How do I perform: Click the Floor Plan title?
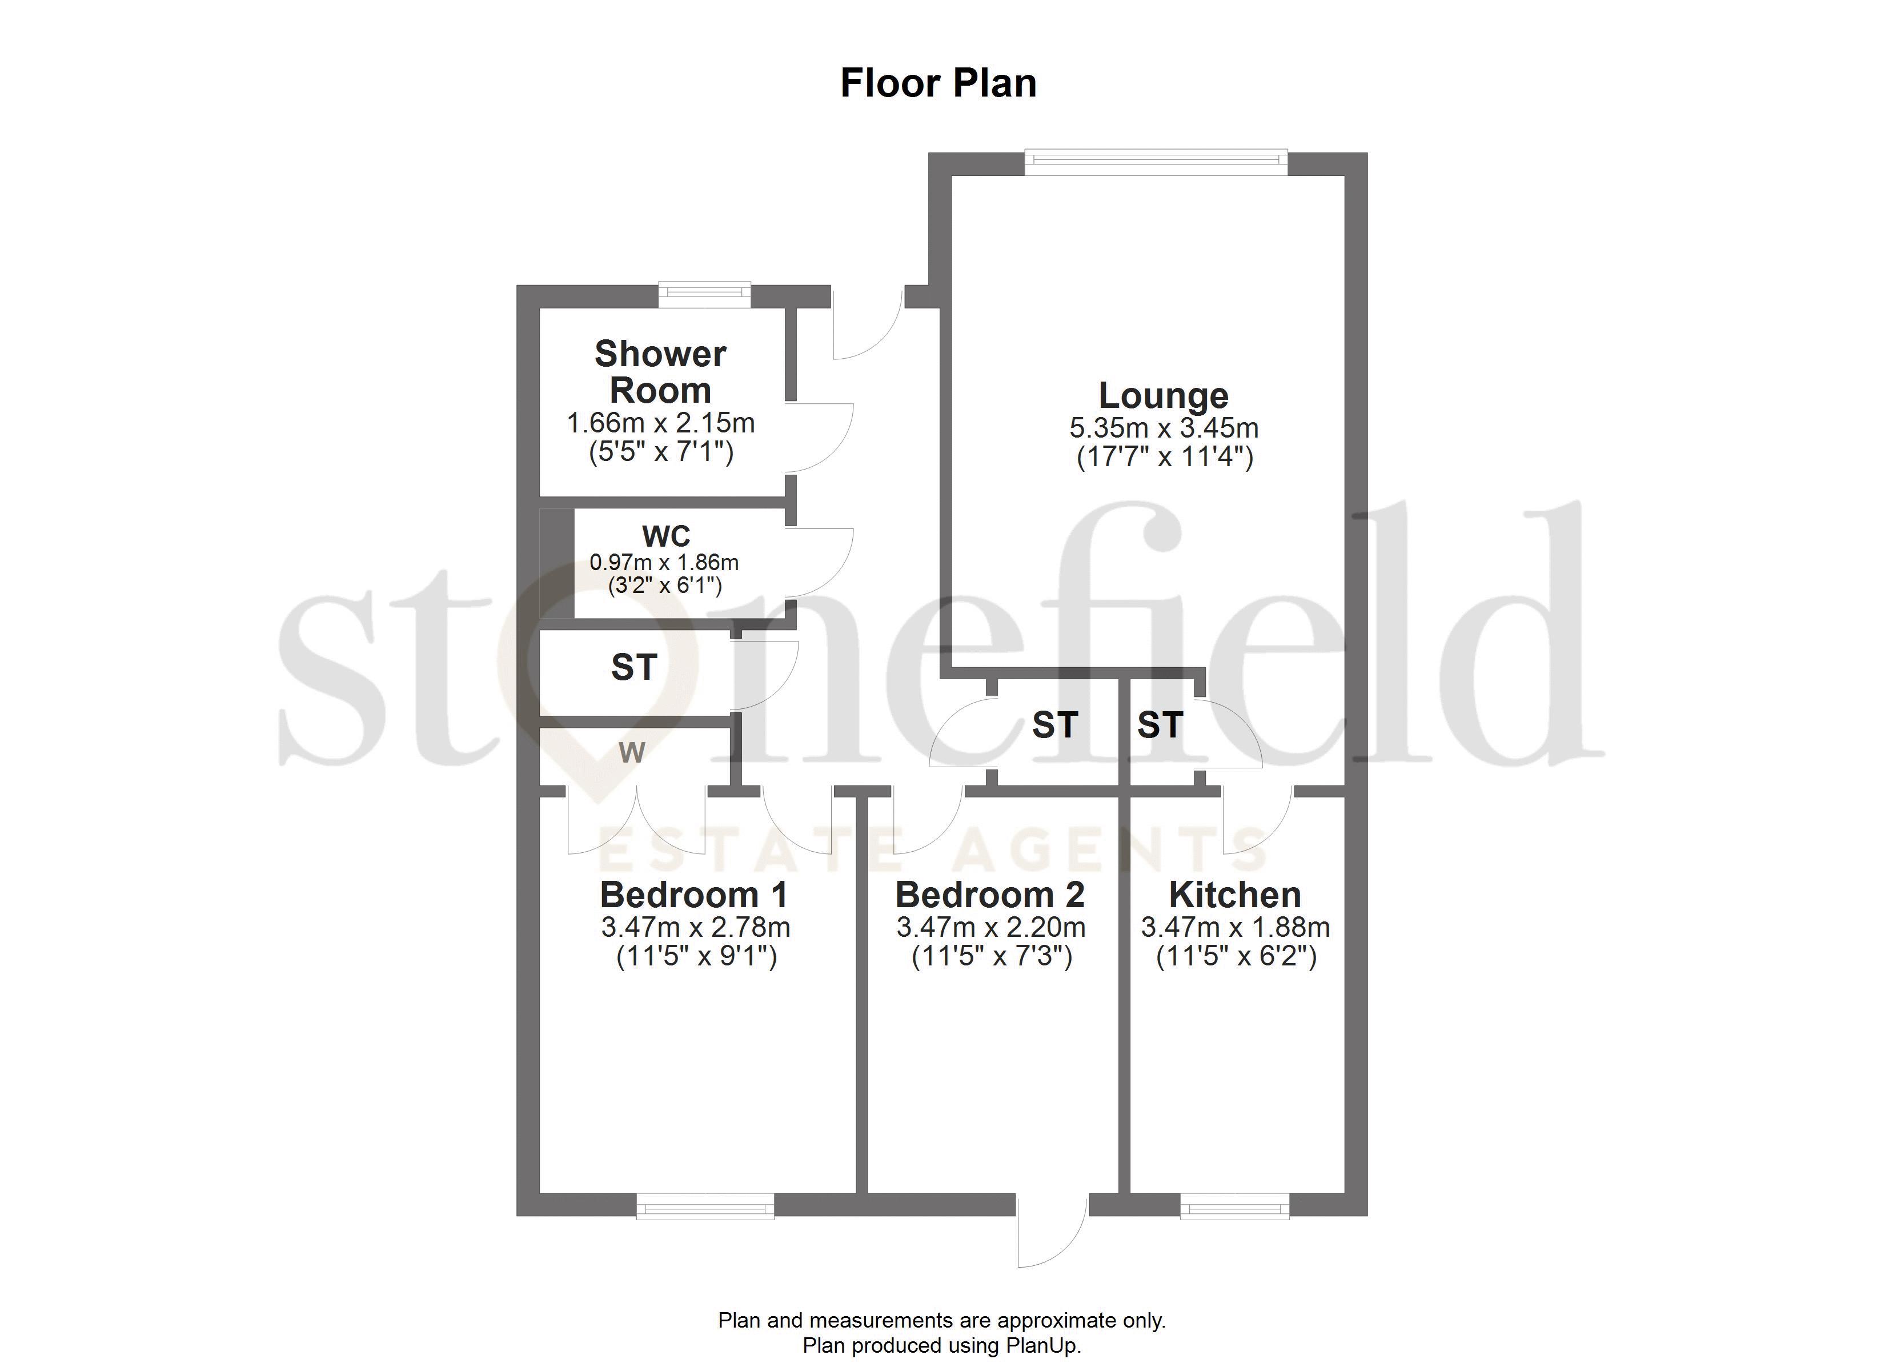tap(939, 83)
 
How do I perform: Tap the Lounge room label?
tap(1163, 396)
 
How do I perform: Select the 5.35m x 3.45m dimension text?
tap(1164, 428)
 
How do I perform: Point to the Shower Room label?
tap(661, 372)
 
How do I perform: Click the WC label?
tap(665, 535)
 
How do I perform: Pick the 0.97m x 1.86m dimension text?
tap(664, 563)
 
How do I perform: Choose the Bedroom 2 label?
tap(990, 895)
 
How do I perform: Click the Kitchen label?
tap(1235, 895)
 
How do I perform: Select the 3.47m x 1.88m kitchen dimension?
tap(1235, 927)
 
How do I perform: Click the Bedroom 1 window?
tap(705, 1205)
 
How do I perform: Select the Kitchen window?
tap(1234, 1205)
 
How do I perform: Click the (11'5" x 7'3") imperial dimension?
tap(992, 957)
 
